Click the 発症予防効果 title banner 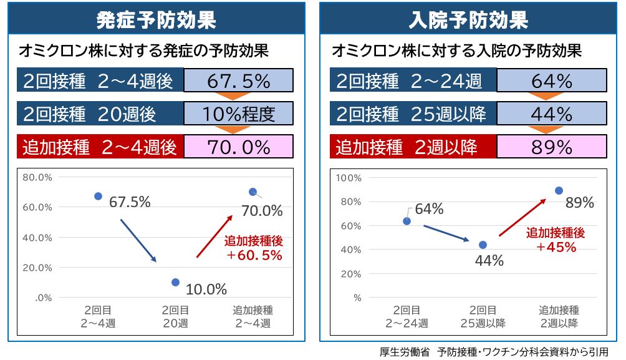point(156,20)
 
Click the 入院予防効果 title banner point(469,20)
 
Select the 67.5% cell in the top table point(238,81)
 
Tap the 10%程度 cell point(238,114)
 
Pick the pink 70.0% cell point(238,147)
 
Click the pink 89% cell point(552,147)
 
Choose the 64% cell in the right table point(552,81)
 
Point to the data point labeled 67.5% point(98,196)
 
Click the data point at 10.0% point(175,282)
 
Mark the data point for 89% point(559,190)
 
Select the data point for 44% point(483,245)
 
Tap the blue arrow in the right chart point(446,233)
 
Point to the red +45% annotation point(556,240)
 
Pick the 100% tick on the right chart point(349,178)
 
